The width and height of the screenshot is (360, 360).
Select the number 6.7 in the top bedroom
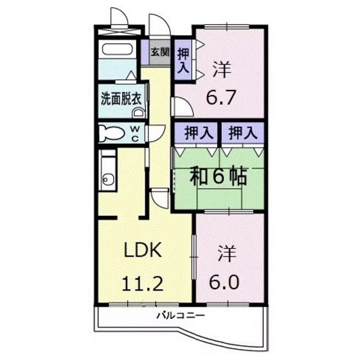pyautogui.click(x=222, y=98)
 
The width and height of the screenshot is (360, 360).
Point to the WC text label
pyautogui.click(x=135, y=132)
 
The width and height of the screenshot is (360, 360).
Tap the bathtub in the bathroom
pyautogui.click(x=117, y=50)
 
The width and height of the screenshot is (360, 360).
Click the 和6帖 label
pyautogui.click(x=217, y=176)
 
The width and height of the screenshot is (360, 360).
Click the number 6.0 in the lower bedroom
pyautogui.click(x=222, y=282)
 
